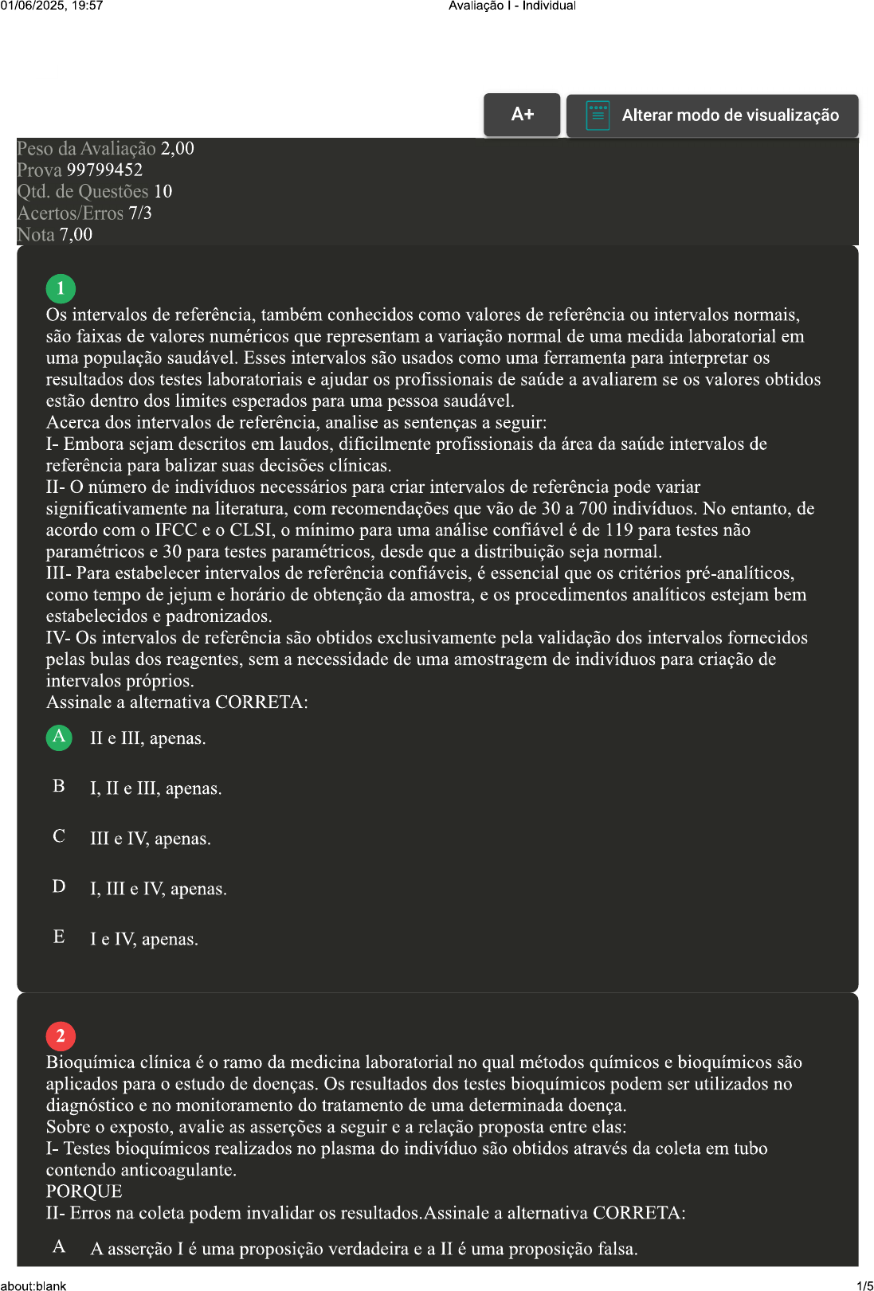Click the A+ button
click(x=522, y=115)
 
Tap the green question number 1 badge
click(x=61, y=288)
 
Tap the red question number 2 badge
click(x=61, y=1036)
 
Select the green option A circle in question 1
click(x=59, y=737)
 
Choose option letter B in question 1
click(x=59, y=787)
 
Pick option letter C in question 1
click(x=59, y=837)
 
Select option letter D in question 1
click(x=59, y=887)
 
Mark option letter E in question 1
click(x=59, y=937)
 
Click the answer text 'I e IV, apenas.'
click(x=144, y=939)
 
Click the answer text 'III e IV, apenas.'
click(x=151, y=839)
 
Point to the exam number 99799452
click(x=104, y=170)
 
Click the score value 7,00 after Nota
click(x=76, y=235)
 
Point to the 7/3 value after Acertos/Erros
click(x=140, y=213)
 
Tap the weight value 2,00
click(x=177, y=149)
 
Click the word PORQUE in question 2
click(x=84, y=1191)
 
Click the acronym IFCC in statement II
click(x=176, y=530)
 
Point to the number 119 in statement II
click(x=618, y=530)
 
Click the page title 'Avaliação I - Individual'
click(x=511, y=6)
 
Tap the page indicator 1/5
click(x=864, y=1285)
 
